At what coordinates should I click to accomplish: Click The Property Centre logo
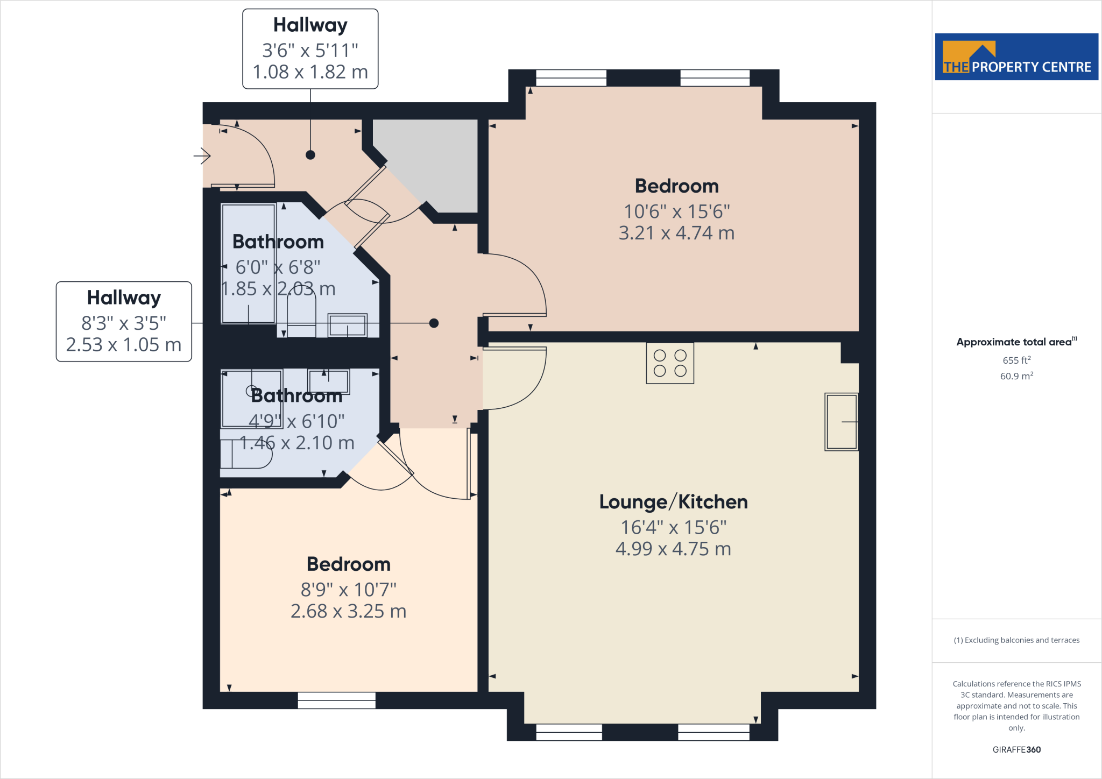pos(1016,57)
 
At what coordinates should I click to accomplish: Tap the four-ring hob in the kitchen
pos(670,363)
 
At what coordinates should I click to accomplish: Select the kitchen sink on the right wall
pos(841,422)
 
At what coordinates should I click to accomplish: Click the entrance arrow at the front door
pos(202,156)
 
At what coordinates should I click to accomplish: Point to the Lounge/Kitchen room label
pos(673,502)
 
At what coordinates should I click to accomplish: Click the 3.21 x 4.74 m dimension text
pos(676,233)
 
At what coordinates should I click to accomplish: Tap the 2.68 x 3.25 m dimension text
pos(348,611)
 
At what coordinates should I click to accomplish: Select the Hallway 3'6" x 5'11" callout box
pos(310,49)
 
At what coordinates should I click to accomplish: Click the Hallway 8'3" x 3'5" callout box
pos(124,322)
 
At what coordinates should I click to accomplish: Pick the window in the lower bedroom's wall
pos(337,700)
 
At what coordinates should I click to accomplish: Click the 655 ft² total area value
pos(1016,360)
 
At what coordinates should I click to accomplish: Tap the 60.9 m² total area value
pos(1016,376)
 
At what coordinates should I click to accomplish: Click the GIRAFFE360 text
pos(1016,749)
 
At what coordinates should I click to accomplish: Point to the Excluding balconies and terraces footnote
pos(1016,640)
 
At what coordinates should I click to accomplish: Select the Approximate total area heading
pos(1014,342)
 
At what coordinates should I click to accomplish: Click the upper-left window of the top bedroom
pos(571,78)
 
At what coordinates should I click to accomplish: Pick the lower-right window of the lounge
pos(714,732)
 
